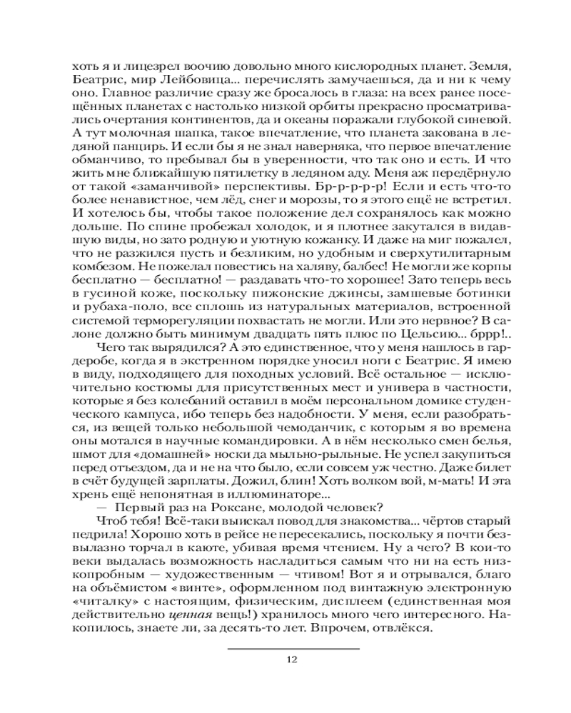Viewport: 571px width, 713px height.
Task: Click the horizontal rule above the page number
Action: (293, 649)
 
